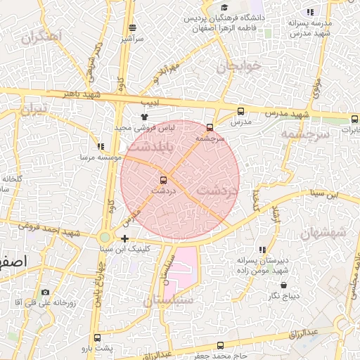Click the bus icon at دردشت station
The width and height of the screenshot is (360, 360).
(x=164, y=180)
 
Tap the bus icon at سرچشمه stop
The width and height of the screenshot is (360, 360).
(x=210, y=127)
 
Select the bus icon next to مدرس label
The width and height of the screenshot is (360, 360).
(x=241, y=111)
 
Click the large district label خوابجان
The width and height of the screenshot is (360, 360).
(x=238, y=66)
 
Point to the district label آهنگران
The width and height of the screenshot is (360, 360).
(x=42, y=36)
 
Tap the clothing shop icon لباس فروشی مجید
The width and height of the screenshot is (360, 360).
(x=145, y=117)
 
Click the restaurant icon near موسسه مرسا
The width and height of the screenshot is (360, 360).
(x=101, y=147)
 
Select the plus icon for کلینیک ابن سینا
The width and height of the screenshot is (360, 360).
(x=124, y=238)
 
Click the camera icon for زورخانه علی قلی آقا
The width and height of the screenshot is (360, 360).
(x=45, y=292)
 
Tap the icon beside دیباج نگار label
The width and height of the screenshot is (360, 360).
(x=283, y=285)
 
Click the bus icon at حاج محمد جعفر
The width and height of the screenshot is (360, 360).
(x=220, y=345)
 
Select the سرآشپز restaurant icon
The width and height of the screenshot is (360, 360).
(x=132, y=28)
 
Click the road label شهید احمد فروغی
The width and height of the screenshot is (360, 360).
(x=49, y=229)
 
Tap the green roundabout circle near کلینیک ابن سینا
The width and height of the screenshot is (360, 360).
(x=105, y=238)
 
